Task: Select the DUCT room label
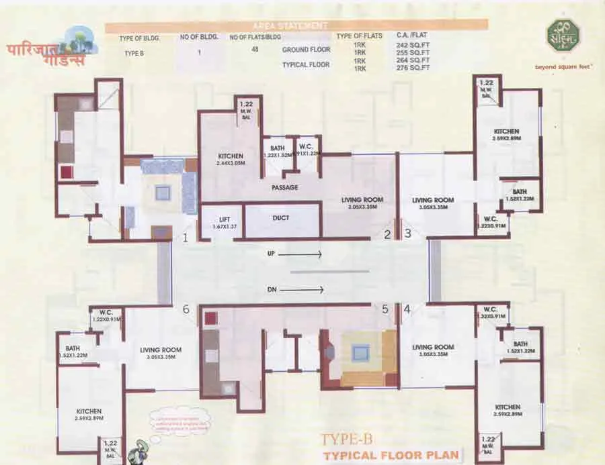coord(281,218)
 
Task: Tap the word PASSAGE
coord(284,187)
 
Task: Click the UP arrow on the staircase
coord(300,255)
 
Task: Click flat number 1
coord(186,237)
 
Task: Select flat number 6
coord(186,309)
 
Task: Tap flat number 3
coord(407,234)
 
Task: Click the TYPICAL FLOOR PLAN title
coord(391,455)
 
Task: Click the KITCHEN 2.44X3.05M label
coord(230,160)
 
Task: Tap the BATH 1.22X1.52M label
coord(278,151)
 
